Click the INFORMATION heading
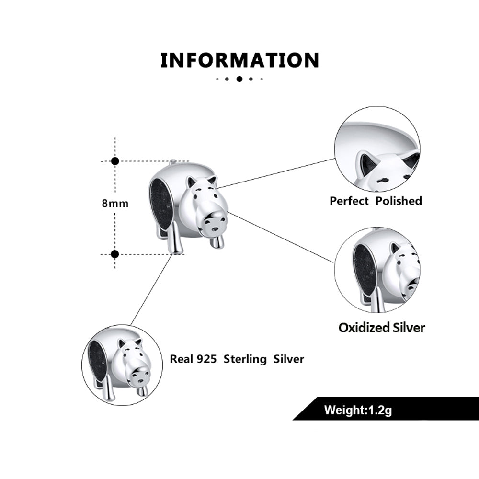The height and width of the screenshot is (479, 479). pyautogui.click(x=239, y=60)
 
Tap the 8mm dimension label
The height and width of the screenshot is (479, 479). pyautogui.click(x=115, y=203)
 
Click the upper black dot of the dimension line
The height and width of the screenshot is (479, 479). pyautogui.click(x=115, y=161)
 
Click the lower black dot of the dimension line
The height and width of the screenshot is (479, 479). pyautogui.click(x=115, y=253)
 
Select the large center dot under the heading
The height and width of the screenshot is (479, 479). pyautogui.click(x=239, y=79)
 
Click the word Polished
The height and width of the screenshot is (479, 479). pyautogui.click(x=399, y=201)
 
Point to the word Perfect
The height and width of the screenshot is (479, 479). pyautogui.click(x=349, y=201)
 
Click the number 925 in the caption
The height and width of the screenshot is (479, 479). pyautogui.click(x=206, y=359)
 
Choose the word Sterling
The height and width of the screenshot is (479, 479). pyautogui.click(x=247, y=359)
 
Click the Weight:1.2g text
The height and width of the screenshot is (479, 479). pyautogui.click(x=358, y=410)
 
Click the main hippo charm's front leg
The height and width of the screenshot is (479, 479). pyautogui.click(x=218, y=241)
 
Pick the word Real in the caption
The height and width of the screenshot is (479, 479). pyautogui.click(x=181, y=359)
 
